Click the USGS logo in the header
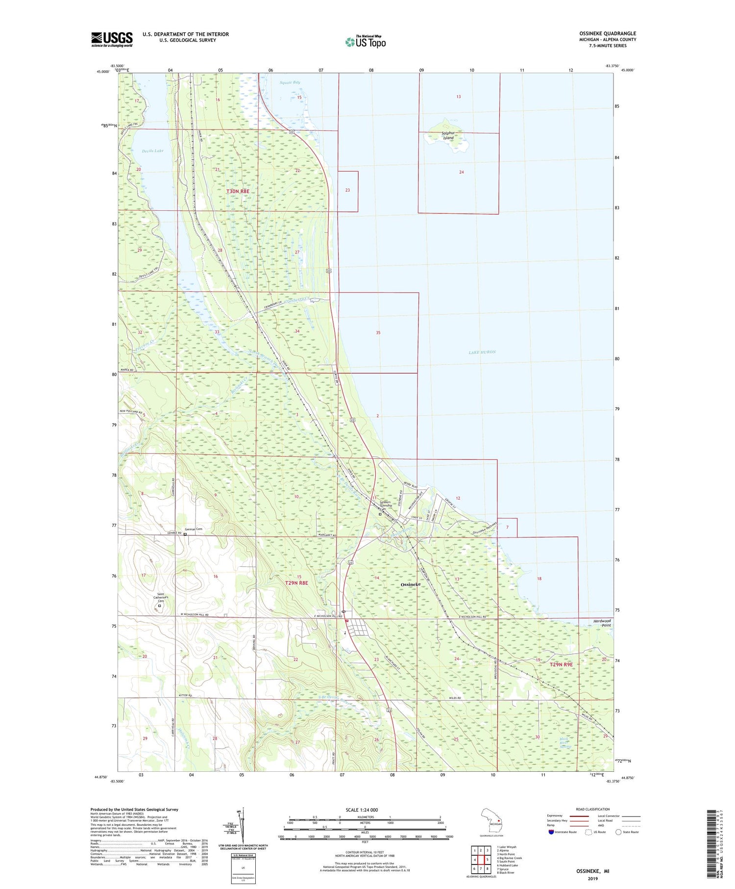(x=112, y=39)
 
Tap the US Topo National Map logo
(x=365, y=42)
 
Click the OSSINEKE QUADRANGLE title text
(x=607, y=33)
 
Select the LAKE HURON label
(x=482, y=352)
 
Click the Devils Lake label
(x=152, y=151)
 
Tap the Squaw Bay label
(x=290, y=82)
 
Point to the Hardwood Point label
(x=602, y=623)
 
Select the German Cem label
(x=193, y=529)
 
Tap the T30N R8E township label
(x=238, y=191)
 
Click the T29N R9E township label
(x=561, y=664)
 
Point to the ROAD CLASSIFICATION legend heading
(x=593, y=809)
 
